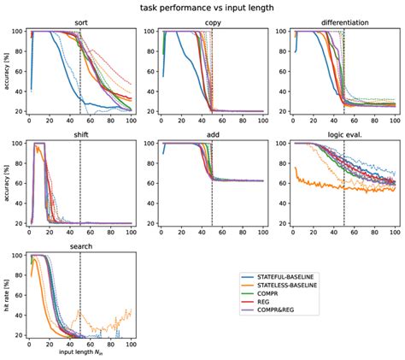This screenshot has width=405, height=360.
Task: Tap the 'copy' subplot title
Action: click(x=213, y=23)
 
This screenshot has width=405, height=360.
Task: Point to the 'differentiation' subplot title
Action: click(x=344, y=23)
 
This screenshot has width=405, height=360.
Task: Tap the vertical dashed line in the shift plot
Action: click(x=79, y=184)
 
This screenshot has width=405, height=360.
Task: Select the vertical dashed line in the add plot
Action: click(x=212, y=184)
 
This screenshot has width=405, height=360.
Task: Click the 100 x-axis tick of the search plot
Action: click(x=131, y=344)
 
